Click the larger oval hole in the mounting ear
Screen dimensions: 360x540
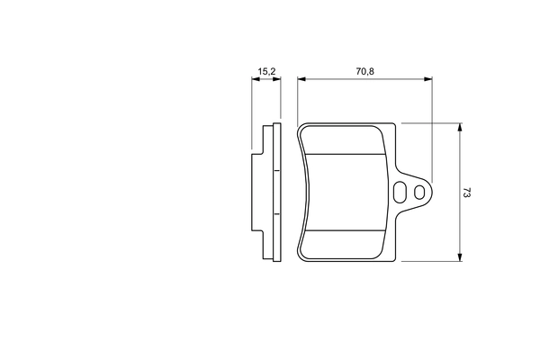[x=400, y=192]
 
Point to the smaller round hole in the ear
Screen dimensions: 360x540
[x=418, y=191]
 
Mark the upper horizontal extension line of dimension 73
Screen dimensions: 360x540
[x=432, y=123]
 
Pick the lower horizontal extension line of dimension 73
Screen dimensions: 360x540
[x=432, y=261]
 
